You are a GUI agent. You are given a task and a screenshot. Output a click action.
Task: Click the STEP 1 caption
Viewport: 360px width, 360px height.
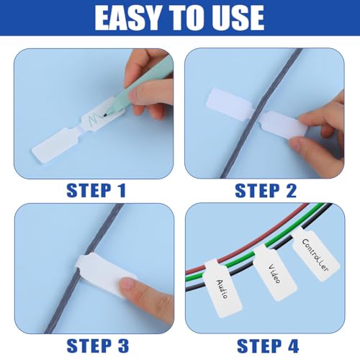96,191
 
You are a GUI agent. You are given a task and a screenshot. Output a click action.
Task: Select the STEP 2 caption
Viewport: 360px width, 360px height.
266,191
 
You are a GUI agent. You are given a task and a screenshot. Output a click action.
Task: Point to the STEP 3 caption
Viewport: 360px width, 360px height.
98,346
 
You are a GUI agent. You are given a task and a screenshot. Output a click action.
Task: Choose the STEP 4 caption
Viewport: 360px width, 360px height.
268,346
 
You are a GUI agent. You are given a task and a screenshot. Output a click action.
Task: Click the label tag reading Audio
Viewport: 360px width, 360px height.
222,288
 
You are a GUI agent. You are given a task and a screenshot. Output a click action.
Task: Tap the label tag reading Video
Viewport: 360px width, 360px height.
275,273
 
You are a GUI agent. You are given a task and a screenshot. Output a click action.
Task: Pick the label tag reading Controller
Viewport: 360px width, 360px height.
315,255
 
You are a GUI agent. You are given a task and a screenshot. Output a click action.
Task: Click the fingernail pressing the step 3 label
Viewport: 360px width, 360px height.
127,284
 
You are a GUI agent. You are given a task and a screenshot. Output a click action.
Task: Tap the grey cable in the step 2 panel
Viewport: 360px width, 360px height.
261,113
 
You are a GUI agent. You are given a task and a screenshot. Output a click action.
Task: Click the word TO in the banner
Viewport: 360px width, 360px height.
181,18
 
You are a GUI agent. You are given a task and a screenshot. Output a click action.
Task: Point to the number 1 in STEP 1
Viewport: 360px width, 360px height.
122,191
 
